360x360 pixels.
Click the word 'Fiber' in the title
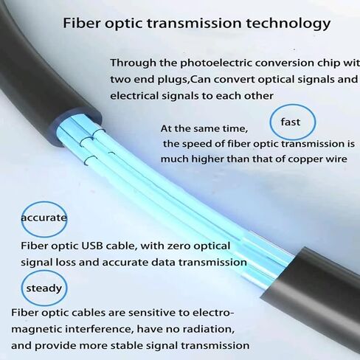click(82, 23)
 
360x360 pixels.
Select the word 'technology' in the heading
click(288, 24)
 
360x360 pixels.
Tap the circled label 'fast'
click(291, 122)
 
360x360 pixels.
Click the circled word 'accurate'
click(44, 218)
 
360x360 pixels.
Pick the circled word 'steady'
click(44, 288)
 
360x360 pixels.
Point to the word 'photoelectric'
click(216, 63)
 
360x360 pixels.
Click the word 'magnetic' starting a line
click(36, 330)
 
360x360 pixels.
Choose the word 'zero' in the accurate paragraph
click(180, 246)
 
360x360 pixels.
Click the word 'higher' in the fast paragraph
click(207, 159)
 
